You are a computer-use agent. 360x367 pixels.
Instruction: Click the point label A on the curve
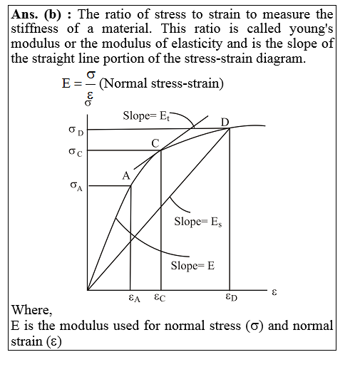click(x=125, y=175)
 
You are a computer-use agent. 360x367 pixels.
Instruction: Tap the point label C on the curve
click(x=155, y=143)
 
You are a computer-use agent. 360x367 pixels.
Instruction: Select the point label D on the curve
click(x=225, y=123)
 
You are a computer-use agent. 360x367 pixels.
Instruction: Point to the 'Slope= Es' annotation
click(x=197, y=222)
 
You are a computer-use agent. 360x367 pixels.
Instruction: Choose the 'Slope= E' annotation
click(x=192, y=266)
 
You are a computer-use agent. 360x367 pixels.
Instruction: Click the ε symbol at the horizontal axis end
click(x=274, y=291)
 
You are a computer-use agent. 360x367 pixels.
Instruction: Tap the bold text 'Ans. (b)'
click(x=38, y=14)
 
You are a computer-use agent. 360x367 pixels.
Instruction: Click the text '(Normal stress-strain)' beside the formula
click(x=162, y=84)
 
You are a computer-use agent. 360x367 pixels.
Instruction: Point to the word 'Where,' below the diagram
click(x=32, y=310)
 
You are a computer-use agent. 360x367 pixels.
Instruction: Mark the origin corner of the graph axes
click(x=88, y=291)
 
